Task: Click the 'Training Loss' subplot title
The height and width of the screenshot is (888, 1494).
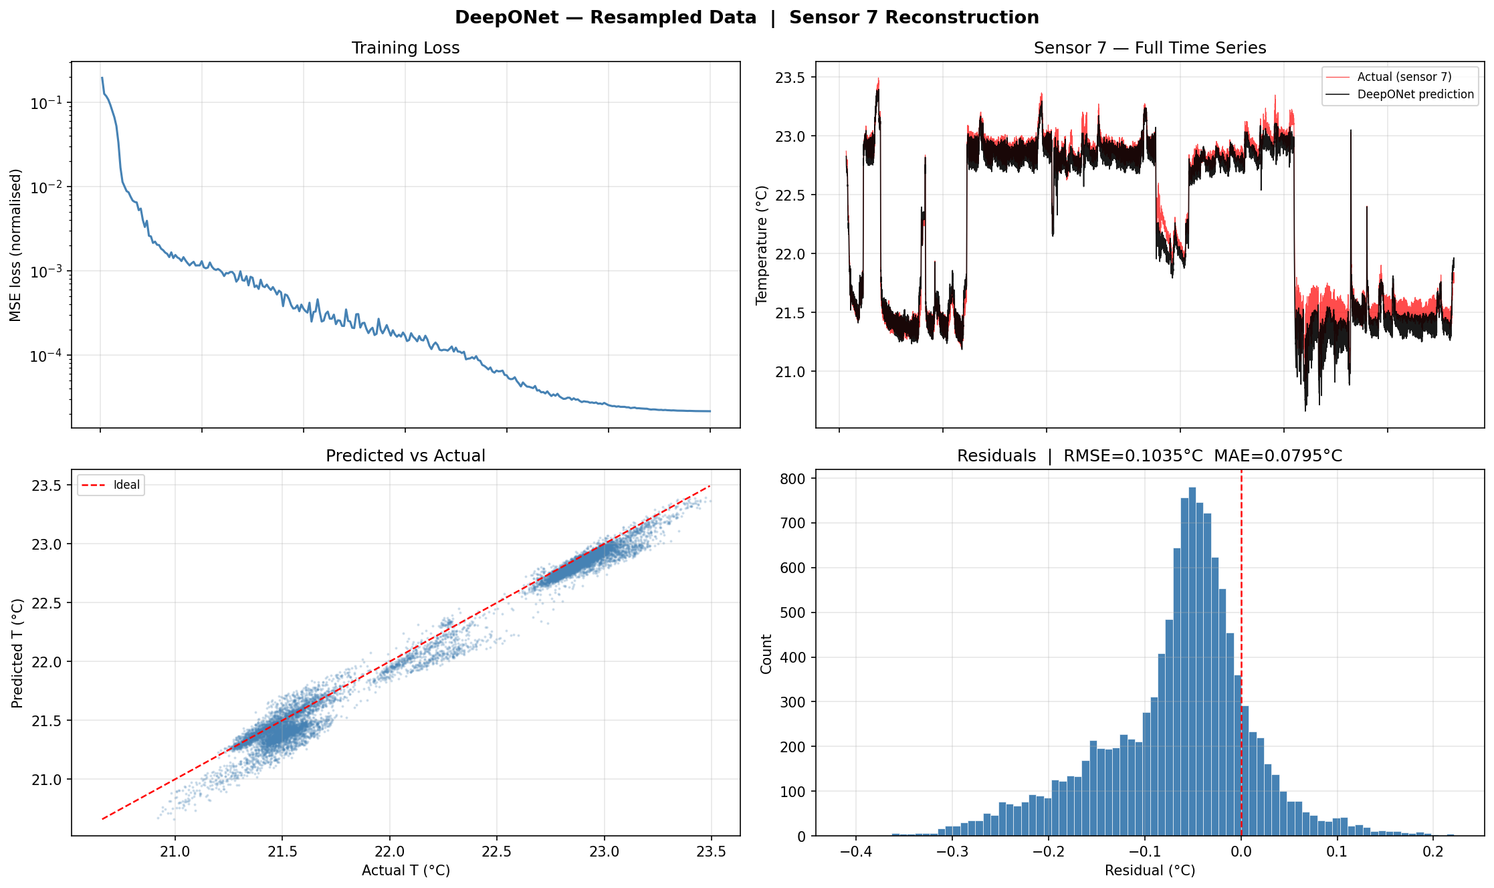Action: click(x=405, y=48)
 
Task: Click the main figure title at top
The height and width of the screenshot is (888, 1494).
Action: click(x=746, y=17)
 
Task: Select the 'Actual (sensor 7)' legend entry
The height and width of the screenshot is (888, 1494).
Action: click(x=1404, y=77)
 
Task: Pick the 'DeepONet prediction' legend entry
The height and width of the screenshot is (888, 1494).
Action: click(x=1415, y=94)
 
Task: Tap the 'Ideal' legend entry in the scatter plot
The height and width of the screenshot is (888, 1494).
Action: click(x=126, y=485)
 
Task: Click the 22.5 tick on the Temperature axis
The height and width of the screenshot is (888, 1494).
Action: click(x=790, y=195)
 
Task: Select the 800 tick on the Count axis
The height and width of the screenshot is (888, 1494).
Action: click(x=794, y=479)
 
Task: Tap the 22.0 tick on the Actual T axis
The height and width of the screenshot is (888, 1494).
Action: click(x=389, y=852)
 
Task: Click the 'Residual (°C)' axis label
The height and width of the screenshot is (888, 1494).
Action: click(x=1150, y=871)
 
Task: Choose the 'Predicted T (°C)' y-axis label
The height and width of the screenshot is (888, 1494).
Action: click(x=17, y=653)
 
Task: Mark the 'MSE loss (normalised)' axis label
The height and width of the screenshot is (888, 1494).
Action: click(x=15, y=245)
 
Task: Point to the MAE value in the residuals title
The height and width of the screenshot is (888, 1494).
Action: click(x=1278, y=456)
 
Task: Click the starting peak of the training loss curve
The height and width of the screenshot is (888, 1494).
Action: click(x=102, y=78)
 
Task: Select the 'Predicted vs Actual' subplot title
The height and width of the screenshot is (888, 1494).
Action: click(x=405, y=456)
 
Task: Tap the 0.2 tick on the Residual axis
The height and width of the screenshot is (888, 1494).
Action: click(x=1432, y=852)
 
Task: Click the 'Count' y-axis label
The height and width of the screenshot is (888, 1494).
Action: click(x=766, y=653)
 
